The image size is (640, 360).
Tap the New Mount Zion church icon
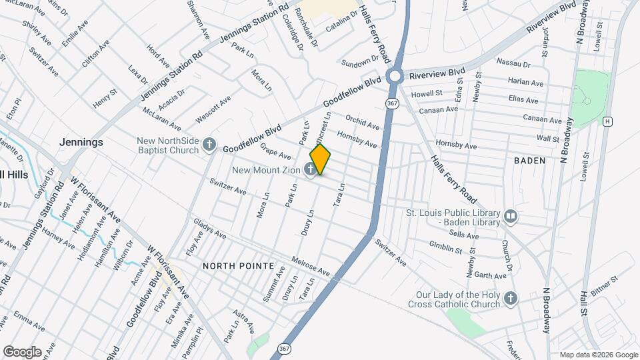[310, 170]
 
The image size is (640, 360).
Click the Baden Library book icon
[511, 217]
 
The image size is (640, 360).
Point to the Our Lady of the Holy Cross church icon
[511, 298]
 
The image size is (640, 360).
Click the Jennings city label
[81, 142]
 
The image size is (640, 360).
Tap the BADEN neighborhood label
[529, 161]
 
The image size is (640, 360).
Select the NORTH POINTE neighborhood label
[238, 265]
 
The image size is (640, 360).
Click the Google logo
[22, 351]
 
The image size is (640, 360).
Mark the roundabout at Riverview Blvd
[395, 75]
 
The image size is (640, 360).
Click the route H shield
[607, 121]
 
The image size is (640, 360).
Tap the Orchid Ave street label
[362, 121]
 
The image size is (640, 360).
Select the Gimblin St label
[445, 249]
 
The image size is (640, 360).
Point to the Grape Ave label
[275, 151]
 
